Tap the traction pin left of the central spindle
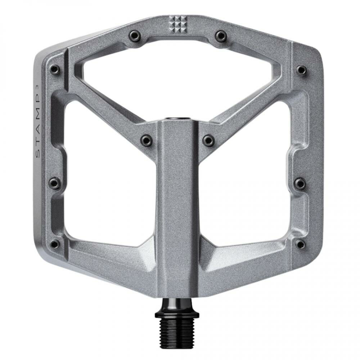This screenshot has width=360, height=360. click(146, 138)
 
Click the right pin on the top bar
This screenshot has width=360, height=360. click(220, 35)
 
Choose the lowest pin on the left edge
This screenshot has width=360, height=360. click(55, 243)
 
